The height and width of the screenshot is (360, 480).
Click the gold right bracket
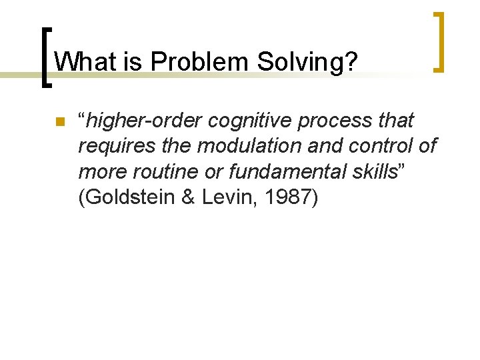(438, 41)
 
